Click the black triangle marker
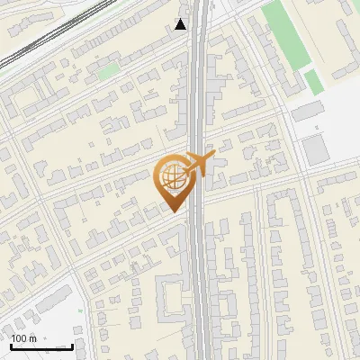tap(181, 24)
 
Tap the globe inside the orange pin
tap(171, 176)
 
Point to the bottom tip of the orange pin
tap(172, 211)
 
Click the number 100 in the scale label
tap(20, 338)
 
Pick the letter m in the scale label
tap(33, 338)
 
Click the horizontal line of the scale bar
tap(41, 346)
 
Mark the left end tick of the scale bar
tap(11, 345)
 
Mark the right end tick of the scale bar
tap(72, 345)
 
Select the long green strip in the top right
tap(287, 36)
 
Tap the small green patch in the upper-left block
tap(108, 70)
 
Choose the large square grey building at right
tap(315, 148)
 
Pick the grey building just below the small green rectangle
tap(307, 110)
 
